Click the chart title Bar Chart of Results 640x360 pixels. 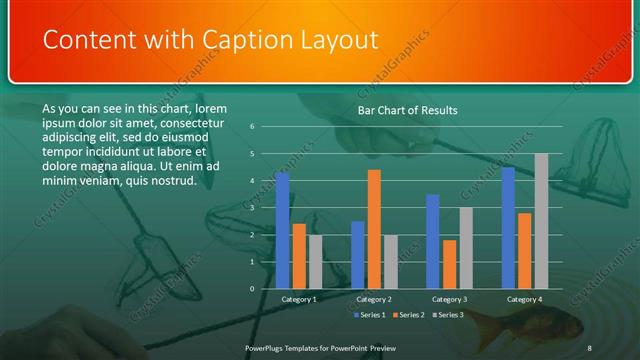[x=407, y=110]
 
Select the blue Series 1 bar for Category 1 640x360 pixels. [x=282, y=230]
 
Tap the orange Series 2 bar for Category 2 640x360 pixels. [x=374, y=229]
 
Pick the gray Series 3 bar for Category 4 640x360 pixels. [x=541, y=221]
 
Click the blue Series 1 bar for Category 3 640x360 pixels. [x=433, y=241]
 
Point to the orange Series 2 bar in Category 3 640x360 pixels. [x=449, y=264]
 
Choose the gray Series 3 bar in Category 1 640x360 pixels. [x=315, y=262]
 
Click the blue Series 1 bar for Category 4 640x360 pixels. [x=508, y=228]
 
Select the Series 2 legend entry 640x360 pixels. [x=410, y=315]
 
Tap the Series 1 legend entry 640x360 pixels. [x=370, y=315]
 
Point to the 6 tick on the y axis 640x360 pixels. [x=252, y=127]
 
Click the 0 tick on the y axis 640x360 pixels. [x=252, y=289]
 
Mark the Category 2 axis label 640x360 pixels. [x=374, y=299]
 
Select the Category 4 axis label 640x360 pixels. [x=524, y=299]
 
